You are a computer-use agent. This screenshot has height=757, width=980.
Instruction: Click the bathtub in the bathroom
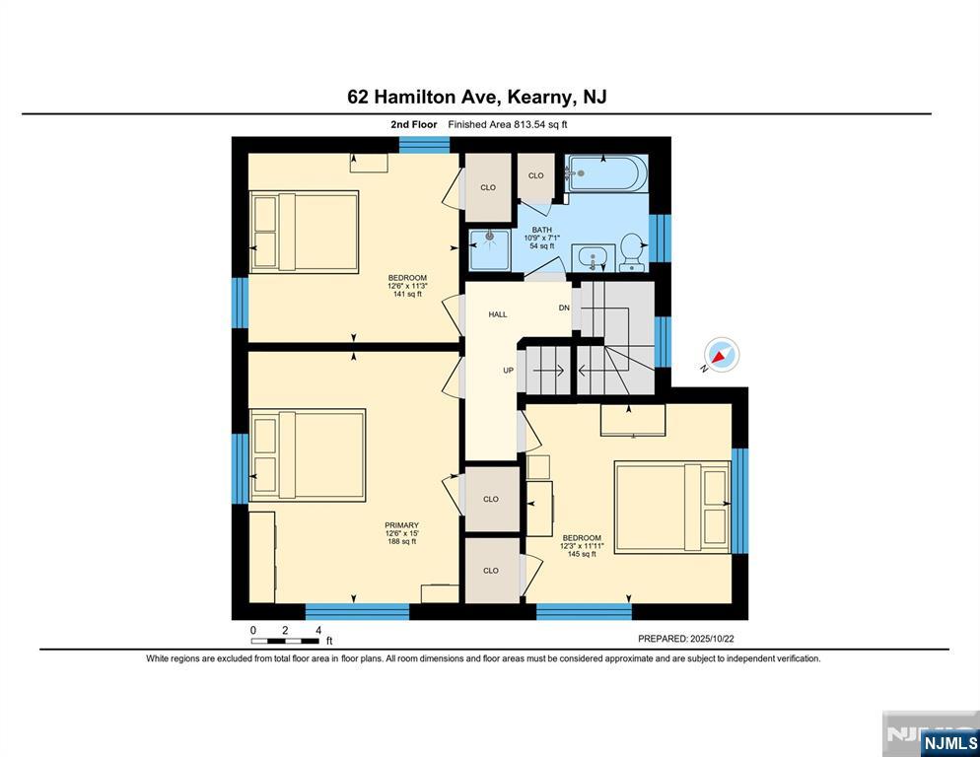pyautogui.click(x=605, y=172)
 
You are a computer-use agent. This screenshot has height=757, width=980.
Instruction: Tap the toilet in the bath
pyautogui.click(x=632, y=252)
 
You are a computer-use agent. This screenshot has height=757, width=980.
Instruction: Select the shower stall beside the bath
pyautogui.click(x=489, y=248)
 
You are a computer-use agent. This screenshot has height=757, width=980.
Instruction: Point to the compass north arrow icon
pyautogui.click(x=721, y=355)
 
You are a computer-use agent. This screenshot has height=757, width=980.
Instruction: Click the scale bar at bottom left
pyautogui.click(x=285, y=641)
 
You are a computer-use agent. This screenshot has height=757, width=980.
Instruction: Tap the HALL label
pyautogui.click(x=498, y=314)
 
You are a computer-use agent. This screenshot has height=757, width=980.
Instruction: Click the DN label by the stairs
pyautogui.click(x=564, y=308)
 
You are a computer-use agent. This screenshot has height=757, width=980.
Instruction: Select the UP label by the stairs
pyautogui.click(x=509, y=370)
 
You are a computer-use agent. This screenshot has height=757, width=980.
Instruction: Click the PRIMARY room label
pyautogui.click(x=402, y=525)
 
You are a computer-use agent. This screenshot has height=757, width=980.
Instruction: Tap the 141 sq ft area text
pyautogui.click(x=407, y=294)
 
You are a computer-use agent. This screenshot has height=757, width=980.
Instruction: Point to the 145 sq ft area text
pyautogui.click(x=582, y=554)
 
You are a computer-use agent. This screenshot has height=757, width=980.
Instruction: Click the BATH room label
pyautogui.click(x=542, y=230)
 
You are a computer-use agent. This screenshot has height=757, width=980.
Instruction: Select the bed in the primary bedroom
pyautogui.click(x=308, y=455)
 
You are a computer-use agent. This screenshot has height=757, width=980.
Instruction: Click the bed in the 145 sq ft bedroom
pyautogui.click(x=672, y=508)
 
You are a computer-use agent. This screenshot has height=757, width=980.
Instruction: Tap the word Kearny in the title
pyautogui.click(x=539, y=98)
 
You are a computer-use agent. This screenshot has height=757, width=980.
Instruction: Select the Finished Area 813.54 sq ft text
pyautogui.click(x=508, y=124)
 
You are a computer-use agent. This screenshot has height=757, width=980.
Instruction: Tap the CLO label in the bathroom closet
pyautogui.click(x=536, y=175)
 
